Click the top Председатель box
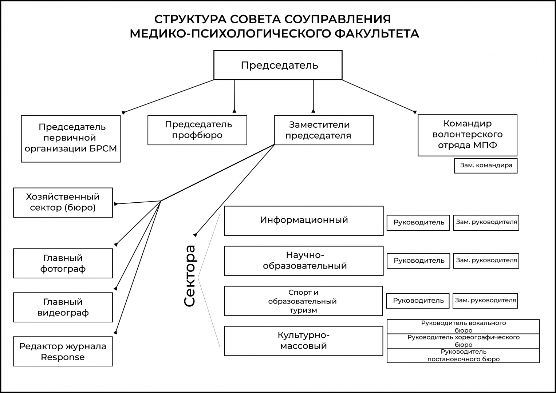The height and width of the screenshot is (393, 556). (278, 65)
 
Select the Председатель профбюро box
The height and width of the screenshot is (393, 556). (197, 130)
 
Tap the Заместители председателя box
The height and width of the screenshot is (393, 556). (324, 130)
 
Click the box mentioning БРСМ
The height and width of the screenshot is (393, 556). (71, 139)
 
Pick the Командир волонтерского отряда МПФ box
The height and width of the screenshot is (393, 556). (468, 135)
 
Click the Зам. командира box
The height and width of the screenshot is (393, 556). (486, 166)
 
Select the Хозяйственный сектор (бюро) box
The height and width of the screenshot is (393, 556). (63, 202)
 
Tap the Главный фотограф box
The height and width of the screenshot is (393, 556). (63, 263)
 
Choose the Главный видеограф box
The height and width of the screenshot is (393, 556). (63, 307)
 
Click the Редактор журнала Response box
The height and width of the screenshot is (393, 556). (63, 351)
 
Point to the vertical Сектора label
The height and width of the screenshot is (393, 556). (190, 276)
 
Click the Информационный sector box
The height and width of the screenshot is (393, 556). (304, 221)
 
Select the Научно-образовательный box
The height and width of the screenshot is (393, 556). (304, 261)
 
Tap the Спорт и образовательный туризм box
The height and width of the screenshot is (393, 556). (303, 301)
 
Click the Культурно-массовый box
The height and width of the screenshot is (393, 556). (304, 341)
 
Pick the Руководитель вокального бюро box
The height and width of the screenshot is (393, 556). (463, 326)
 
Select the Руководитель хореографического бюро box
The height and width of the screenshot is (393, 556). (463, 341)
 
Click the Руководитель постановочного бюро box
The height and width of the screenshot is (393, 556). (463, 355)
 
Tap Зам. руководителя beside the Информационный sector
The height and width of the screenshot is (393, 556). (486, 223)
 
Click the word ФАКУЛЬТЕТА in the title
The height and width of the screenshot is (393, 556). (377, 34)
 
